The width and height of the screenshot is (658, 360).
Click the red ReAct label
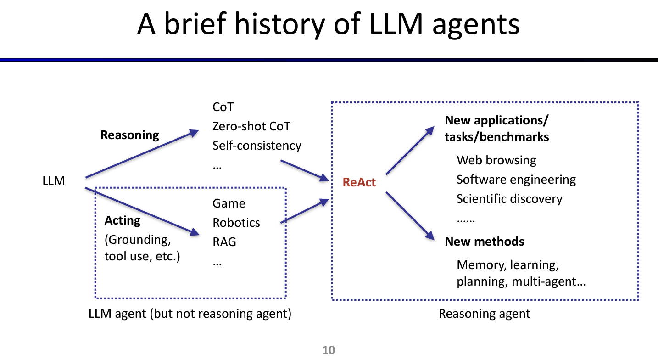tap(359, 182)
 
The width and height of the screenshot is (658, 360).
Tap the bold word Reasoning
tap(129, 135)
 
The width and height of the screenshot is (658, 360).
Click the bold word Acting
tap(122, 220)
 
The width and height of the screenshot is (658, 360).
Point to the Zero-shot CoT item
tap(251, 126)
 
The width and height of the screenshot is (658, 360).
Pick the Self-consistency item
tap(257, 146)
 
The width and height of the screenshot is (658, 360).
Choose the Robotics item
tap(236, 223)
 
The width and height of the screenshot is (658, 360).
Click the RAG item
tap(224, 242)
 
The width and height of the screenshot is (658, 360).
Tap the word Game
tap(229, 203)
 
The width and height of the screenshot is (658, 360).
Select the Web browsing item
tap(496, 160)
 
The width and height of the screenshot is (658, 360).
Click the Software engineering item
tap(516, 180)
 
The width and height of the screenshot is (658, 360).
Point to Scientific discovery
tap(509, 199)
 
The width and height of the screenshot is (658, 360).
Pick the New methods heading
tap(484, 242)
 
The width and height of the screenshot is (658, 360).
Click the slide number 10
tap(329, 350)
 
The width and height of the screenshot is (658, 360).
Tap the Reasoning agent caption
tap(484, 314)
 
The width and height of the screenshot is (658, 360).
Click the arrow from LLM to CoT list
tap(142, 155)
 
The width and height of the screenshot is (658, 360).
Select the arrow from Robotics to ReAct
tap(305, 211)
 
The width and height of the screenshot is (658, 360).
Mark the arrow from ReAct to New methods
tap(410, 215)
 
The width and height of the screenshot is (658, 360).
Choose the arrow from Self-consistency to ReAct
tap(305, 170)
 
